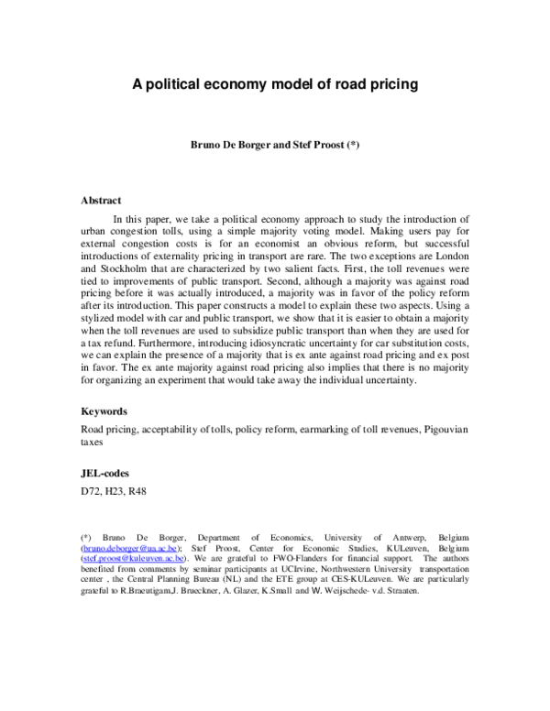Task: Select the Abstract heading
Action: (x=102, y=200)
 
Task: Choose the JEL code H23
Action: (x=115, y=490)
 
